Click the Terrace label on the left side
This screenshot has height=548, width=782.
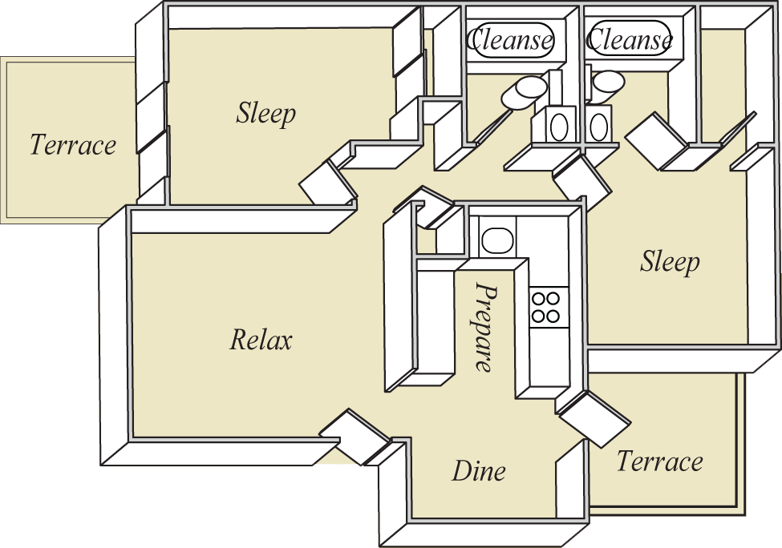[x=73, y=145]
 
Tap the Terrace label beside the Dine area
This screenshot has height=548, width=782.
[x=659, y=462]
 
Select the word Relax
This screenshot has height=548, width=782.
[x=261, y=340]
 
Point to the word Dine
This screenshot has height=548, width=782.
[x=479, y=470]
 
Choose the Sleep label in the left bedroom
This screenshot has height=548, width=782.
[x=265, y=114]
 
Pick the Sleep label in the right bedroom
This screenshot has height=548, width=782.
[x=670, y=262]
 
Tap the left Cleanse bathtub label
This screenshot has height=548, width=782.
[x=511, y=38]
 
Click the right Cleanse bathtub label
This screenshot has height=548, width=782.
[x=630, y=38]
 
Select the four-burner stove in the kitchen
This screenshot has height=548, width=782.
[x=546, y=307]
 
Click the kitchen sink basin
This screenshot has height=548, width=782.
[x=497, y=239]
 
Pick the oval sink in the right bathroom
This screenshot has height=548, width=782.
[x=598, y=125]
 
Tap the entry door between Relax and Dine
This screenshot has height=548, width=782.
[x=355, y=437]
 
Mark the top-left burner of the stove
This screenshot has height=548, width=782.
[x=539, y=300]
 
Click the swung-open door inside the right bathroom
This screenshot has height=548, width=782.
[x=654, y=140]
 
